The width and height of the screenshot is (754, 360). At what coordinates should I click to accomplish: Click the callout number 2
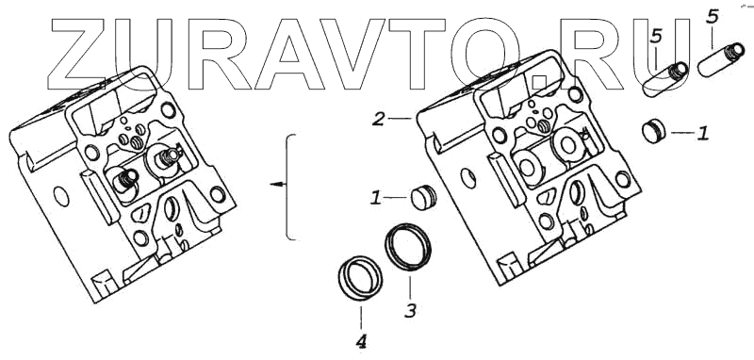point(379,119)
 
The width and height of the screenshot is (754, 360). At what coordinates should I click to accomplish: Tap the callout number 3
point(410,310)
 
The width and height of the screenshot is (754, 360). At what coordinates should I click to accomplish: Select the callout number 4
point(361,342)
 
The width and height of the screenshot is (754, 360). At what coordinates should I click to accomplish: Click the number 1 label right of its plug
point(703,133)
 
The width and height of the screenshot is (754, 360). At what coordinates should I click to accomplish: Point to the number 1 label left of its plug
point(375,198)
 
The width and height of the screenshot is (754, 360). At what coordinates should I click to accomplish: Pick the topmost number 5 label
point(713,17)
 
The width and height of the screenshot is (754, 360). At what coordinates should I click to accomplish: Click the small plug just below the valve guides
point(654,131)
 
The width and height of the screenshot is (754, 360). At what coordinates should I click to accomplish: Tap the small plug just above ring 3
point(423,198)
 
